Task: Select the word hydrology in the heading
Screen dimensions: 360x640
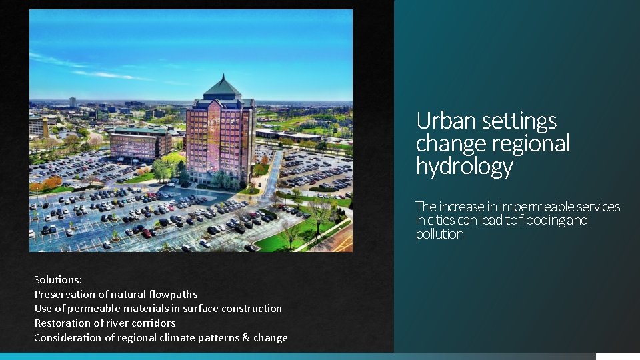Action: click(464, 166)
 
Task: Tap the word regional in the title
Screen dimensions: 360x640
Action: click(531, 143)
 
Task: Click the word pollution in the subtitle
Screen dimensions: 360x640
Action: click(439, 235)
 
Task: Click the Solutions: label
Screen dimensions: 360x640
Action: click(58, 280)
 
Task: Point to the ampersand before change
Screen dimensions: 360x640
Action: click(246, 337)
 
